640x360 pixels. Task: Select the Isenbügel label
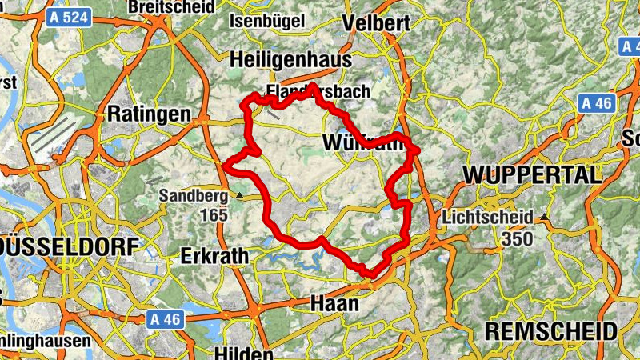[x=266, y=22]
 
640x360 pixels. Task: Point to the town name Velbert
[x=370, y=23]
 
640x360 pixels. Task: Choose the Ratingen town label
[x=150, y=113]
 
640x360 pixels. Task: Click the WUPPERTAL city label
[x=532, y=174]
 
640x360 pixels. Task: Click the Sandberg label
[x=193, y=195]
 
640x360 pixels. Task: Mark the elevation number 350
[x=517, y=238]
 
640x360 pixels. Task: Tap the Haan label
[x=334, y=304]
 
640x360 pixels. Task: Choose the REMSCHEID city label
[x=551, y=331]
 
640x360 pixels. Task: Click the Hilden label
[x=240, y=353]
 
